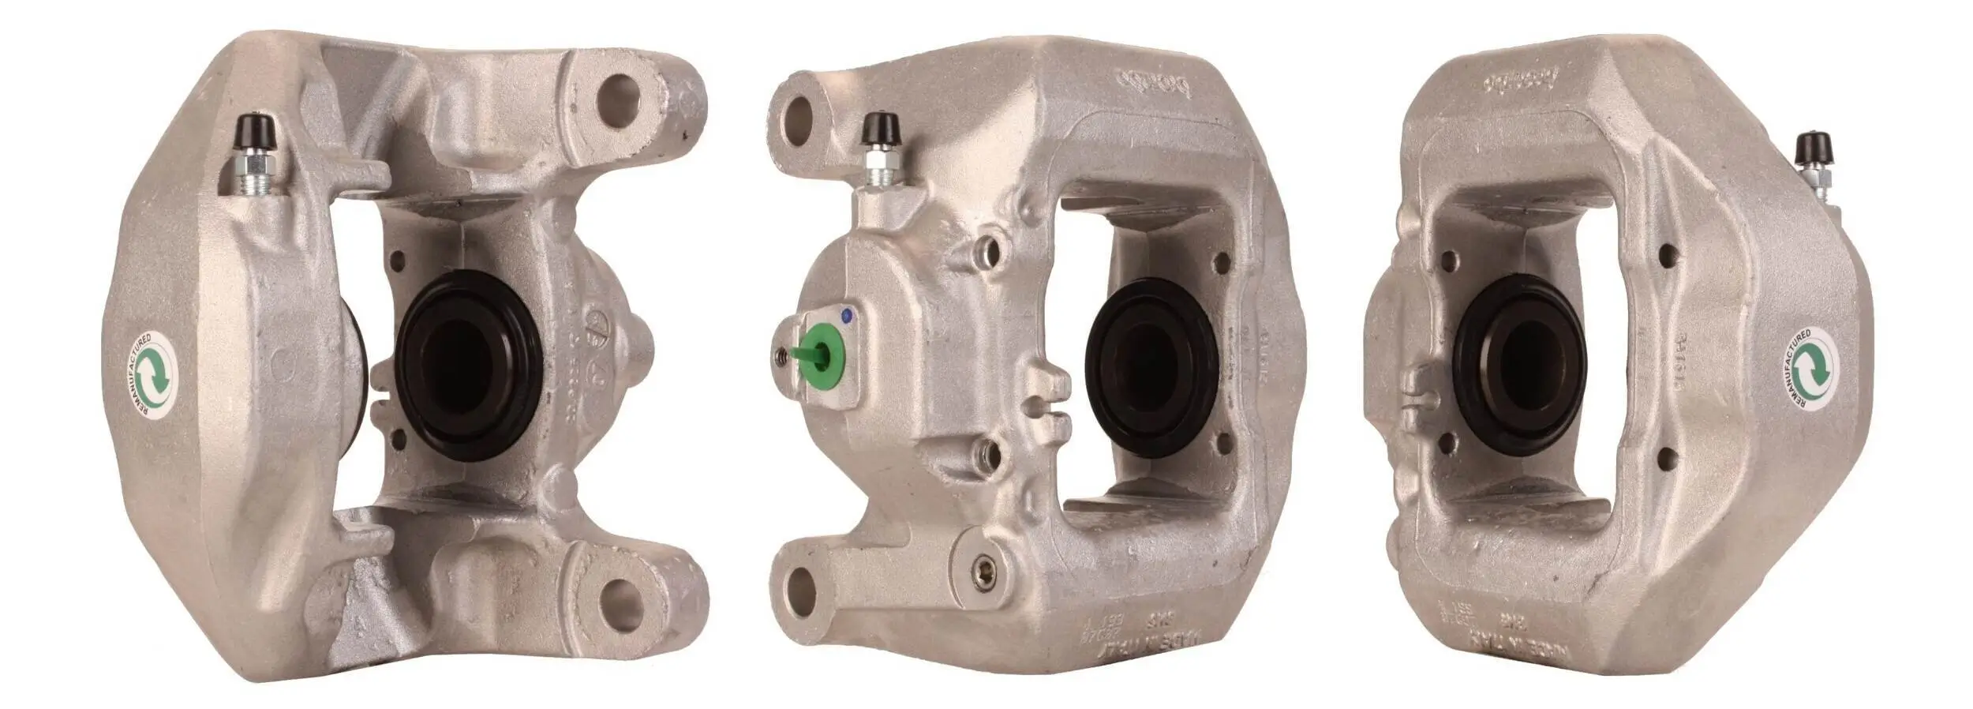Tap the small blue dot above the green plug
(848, 316)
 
